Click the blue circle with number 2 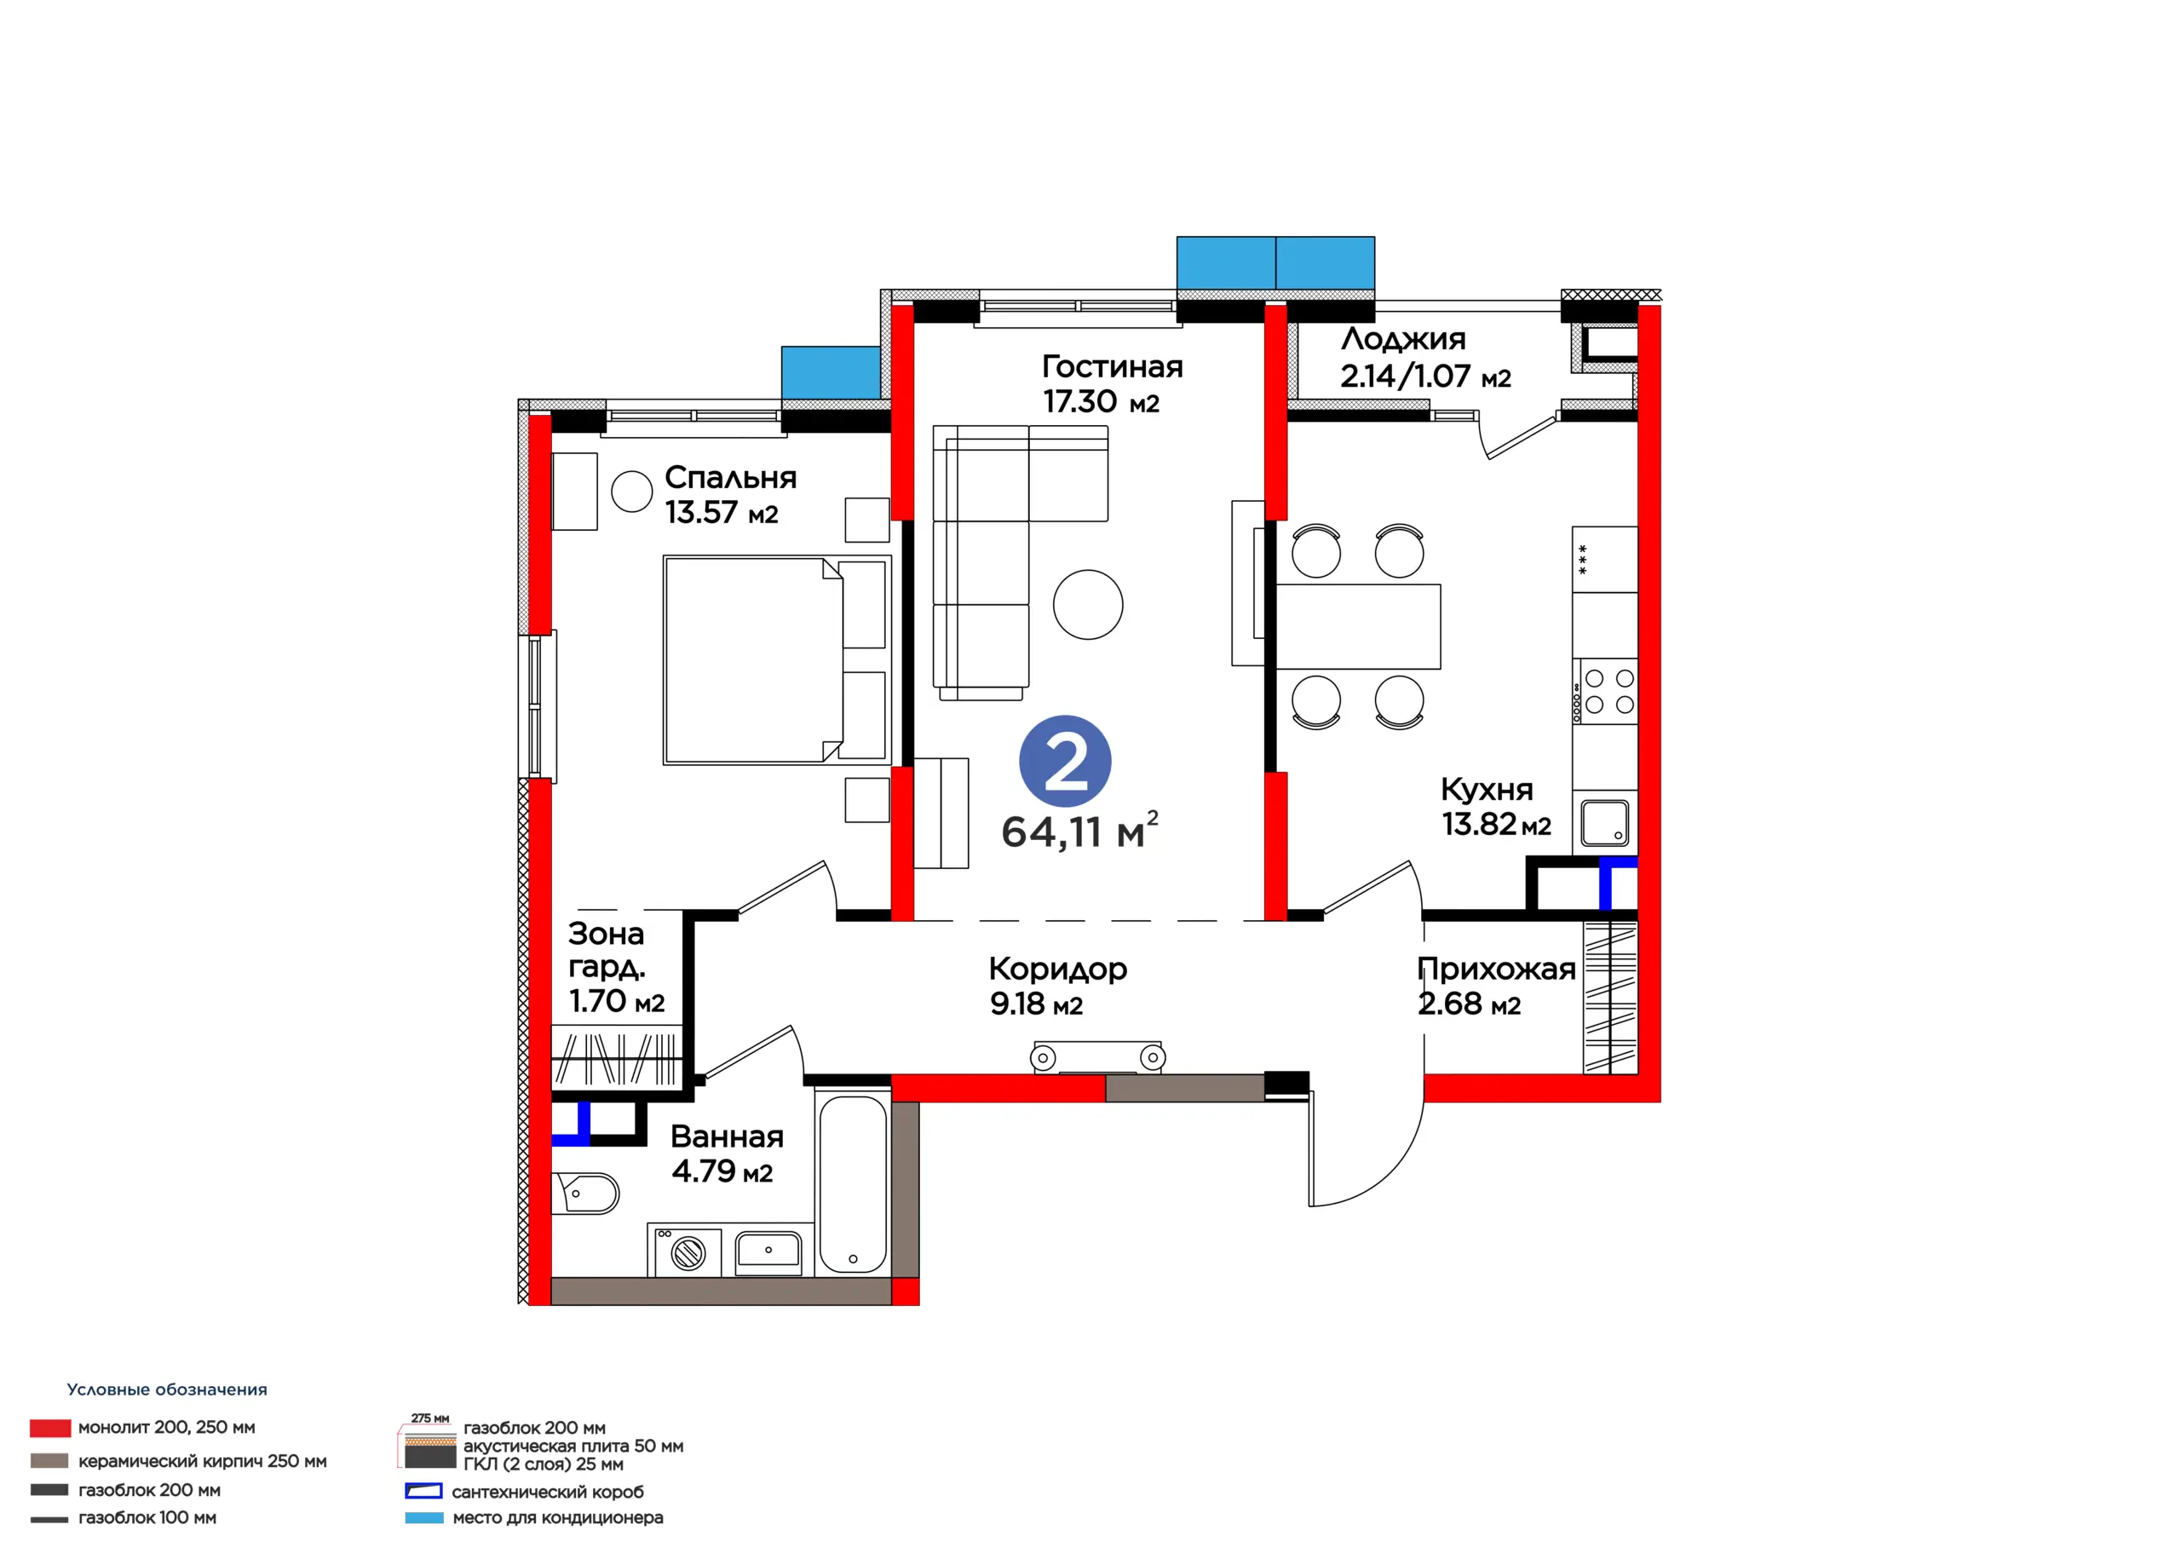point(1065,761)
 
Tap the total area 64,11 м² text point(1080,831)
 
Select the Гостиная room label point(1113,365)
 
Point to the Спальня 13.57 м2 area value point(721,513)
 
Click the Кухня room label point(1487,790)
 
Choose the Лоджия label point(1403,338)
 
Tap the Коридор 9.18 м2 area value point(1036,1004)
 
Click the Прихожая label point(1496,970)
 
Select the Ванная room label point(727,1136)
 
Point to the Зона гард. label point(607,950)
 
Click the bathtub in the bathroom point(852,1184)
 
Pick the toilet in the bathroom point(585,1194)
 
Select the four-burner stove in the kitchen point(1604,691)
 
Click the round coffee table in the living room point(1088,604)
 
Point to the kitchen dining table point(1358,627)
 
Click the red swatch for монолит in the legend point(50,1428)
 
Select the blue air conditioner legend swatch point(423,1518)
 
